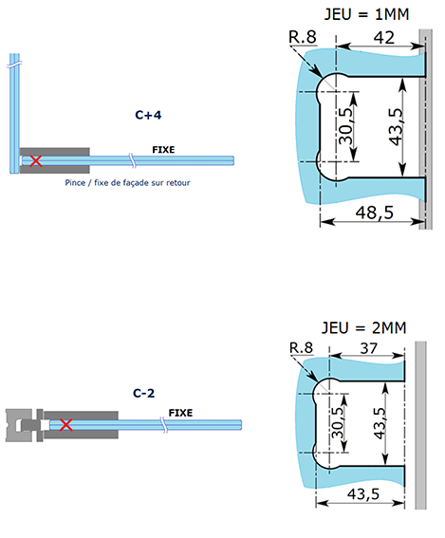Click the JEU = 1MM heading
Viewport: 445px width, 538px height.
(366, 14)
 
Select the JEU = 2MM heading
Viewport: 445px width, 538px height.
(364, 328)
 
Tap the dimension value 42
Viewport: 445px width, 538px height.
(383, 37)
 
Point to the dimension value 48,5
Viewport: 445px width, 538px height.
(375, 213)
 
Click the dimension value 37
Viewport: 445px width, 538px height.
(369, 348)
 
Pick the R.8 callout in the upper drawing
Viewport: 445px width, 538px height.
(303, 37)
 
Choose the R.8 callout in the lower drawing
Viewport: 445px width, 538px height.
(301, 348)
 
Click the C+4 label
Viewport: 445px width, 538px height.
(148, 115)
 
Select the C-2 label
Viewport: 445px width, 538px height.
(144, 393)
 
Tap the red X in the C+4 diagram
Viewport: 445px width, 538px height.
(36, 160)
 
